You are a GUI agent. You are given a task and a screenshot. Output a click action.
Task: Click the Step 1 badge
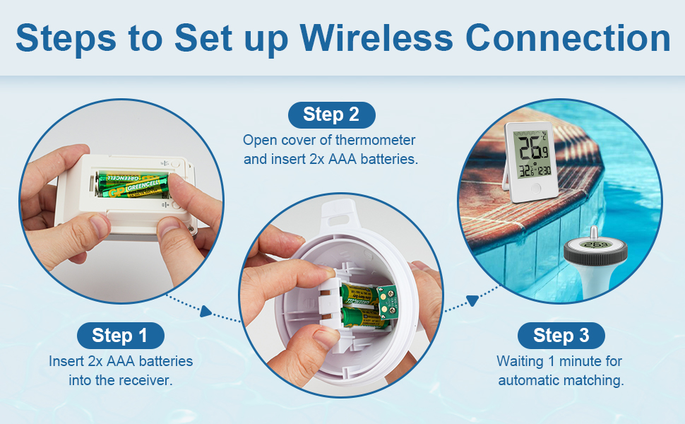(x=121, y=336)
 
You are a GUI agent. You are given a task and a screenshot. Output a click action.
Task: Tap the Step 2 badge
(x=332, y=115)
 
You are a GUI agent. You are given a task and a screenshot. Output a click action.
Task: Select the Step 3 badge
(x=561, y=336)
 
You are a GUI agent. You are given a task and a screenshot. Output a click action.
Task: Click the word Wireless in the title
(x=376, y=38)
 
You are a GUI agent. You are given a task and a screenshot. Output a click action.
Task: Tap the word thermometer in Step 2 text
(x=375, y=141)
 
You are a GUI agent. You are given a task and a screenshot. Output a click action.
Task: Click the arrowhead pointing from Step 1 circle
(x=205, y=311)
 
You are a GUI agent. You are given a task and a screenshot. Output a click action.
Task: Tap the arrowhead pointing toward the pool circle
(x=472, y=300)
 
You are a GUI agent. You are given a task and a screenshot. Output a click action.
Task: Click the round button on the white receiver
(x=535, y=189)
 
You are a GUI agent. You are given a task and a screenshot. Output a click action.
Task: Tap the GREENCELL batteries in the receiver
(x=133, y=184)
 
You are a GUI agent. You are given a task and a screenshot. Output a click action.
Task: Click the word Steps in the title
(x=66, y=38)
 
